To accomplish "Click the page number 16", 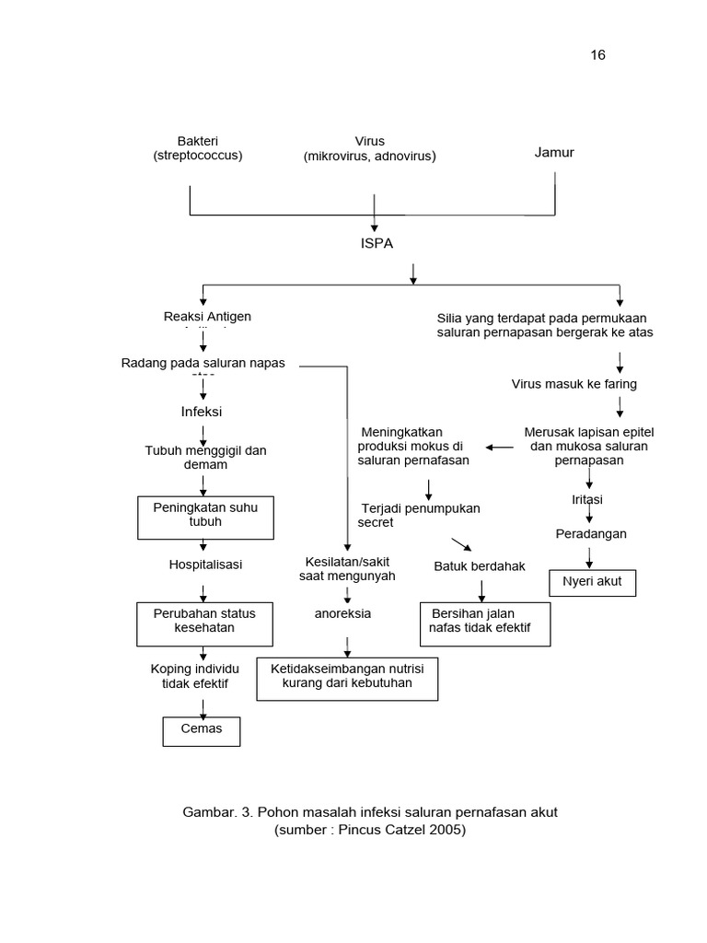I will coord(597,55).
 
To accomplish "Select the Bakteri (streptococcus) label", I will coord(198,148).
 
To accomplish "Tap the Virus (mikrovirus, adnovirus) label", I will coord(369,148).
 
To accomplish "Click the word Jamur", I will coord(554,152).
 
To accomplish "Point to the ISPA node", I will coord(376,243).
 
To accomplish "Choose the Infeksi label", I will coord(202,411).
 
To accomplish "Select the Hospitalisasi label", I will coord(205,564).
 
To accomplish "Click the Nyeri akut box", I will coord(592,582).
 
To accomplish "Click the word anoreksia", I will coord(342,613).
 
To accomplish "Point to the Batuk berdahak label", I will coord(480,566).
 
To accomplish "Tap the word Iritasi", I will coord(588,499).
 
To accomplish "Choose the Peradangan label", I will coord(590,533).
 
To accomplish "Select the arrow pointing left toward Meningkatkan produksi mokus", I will coord(500,447).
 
